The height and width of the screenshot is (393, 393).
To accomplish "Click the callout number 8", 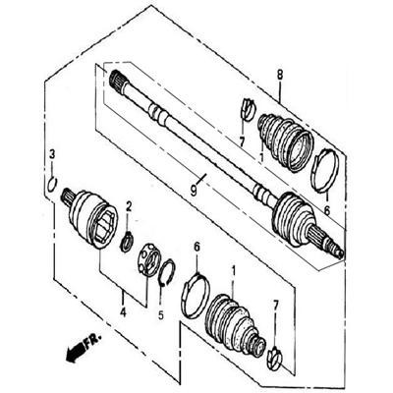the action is (x=279, y=75).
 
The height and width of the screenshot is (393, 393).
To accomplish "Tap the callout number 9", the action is (x=194, y=191).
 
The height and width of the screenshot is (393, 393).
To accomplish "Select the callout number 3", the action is (x=52, y=153).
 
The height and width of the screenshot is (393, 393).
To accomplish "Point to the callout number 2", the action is (x=129, y=206).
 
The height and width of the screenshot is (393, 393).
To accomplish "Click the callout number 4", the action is (x=123, y=312).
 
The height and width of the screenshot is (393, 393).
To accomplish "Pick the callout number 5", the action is (x=160, y=314).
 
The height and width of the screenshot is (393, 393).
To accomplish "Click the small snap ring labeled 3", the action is (x=52, y=184).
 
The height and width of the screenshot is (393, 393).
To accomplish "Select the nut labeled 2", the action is (x=127, y=242).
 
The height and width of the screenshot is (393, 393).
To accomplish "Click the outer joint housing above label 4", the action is (x=89, y=217).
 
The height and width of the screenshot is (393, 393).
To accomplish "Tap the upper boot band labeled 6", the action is (x=324, y=170).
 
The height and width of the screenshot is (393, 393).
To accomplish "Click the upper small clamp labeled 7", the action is (x=248, y=109).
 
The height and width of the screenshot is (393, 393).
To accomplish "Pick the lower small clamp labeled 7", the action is (x=275, y=359).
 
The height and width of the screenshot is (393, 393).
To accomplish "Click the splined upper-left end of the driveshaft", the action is (x=117, y=81).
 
